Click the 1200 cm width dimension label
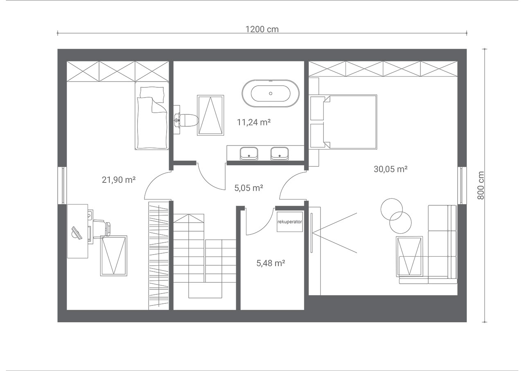pos(262,29)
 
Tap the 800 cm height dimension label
pos(481,185)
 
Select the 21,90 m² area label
pos(119,180)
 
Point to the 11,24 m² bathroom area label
pos(254,122)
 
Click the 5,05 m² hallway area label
pos(248,188)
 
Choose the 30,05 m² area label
pos(391,169)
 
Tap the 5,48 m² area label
pos(271,263)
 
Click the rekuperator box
pos(289,222)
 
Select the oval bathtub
pos(271,93)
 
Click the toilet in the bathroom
pos(186,121)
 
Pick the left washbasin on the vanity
pos(249,153)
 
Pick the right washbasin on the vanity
pos(280,153)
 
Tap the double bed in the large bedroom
pos(343,122)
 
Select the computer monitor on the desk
pos(77,233)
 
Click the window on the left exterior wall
pos(62,185)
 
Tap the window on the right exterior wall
pos(462,185)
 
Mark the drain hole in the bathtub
pos(271,93)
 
